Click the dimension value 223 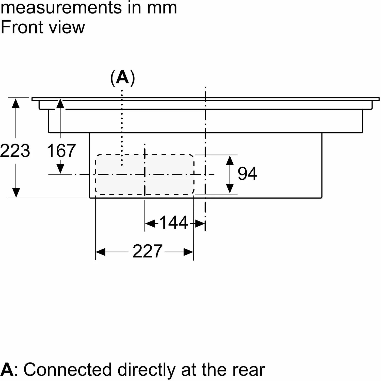tap(15, 151)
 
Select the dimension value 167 tap(61, 151)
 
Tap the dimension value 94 tap(247, 174)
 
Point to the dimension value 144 tap(174, 223)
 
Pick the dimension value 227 tap(147, 251)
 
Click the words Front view tap(43, 27)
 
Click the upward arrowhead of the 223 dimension tap(16, 103)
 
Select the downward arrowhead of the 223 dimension tap(16, 192)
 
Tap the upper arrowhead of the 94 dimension tap(230, 161)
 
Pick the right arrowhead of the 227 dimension tap(188, 252)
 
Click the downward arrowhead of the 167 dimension tap(60, 169)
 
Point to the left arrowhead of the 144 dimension tap(150, 224)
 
